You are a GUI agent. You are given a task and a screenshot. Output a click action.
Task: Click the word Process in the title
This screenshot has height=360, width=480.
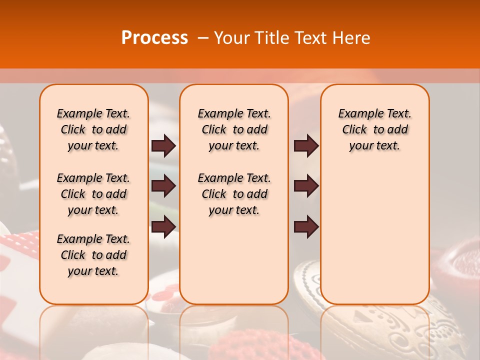[154, 38]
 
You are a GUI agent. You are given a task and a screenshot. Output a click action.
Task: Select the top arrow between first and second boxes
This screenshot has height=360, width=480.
[163, 146]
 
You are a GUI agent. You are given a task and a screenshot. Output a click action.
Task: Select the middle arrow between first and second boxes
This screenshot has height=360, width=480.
[163, 186]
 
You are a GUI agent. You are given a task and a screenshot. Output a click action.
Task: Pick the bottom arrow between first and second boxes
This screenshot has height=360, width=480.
[163, 227]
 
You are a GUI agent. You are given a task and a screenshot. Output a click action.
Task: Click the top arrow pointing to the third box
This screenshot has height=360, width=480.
[306, 146]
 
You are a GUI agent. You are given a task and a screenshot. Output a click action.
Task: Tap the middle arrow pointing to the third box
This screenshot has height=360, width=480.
[306, 186]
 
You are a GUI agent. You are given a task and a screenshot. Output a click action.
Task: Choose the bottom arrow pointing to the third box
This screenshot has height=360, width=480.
[306, 227]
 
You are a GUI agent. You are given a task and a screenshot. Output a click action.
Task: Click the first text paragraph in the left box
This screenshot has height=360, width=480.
[93, 129]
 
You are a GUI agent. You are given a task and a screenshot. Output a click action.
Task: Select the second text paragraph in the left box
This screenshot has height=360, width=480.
[93, 194]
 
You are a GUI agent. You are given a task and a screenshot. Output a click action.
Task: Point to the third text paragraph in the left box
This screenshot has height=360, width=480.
[93, 255]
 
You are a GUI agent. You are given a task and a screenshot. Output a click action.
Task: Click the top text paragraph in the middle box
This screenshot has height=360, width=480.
[234, 129]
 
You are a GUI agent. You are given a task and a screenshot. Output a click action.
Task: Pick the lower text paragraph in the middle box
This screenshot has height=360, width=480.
[234, 194]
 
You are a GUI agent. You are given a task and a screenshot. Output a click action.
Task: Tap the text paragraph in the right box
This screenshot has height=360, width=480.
[374, 129]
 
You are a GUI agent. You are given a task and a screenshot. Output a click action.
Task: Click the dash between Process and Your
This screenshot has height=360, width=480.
[203, 38]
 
